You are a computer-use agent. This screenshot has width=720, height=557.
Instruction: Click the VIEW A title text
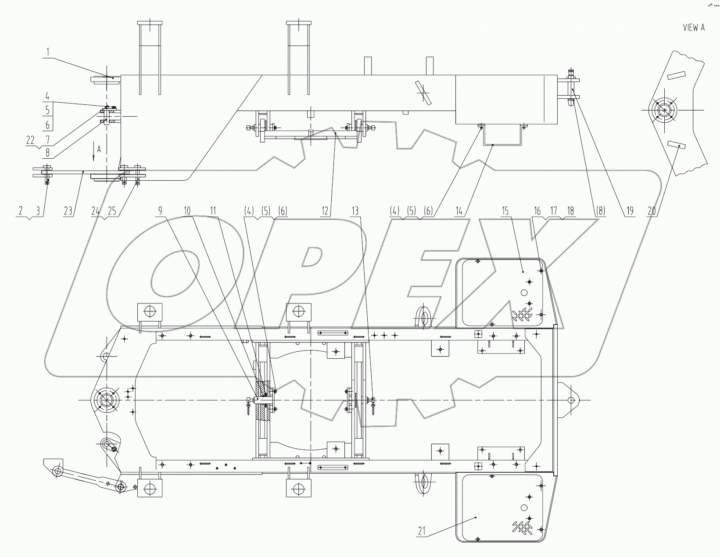tap(694, 28)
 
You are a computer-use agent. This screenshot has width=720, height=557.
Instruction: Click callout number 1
tap(48, 52)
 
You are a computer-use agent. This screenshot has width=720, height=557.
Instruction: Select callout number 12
tap(325, 211)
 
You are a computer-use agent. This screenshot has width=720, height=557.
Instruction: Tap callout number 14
tap(459, 211)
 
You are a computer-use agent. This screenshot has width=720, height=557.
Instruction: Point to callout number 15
tap(505, 211)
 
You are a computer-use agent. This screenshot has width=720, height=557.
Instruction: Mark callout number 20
tap(652, 211)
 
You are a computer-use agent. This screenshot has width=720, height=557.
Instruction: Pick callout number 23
tap(68, 211)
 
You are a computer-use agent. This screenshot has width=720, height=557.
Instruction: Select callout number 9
tap(161, 211)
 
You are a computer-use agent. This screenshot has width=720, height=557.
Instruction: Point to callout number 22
tap(30, 139)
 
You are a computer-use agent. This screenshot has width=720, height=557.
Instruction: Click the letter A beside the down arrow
tap(99, 149)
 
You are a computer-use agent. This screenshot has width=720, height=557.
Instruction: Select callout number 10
tap(187, 211)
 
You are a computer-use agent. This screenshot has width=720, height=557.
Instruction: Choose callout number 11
tap(213, 211)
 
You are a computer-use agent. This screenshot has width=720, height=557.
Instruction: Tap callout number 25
tap(112, 211)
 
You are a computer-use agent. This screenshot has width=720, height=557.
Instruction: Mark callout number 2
tap(20, 211)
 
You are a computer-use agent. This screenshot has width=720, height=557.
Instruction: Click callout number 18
tap(570, 211)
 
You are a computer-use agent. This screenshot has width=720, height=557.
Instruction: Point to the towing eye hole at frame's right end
tap(571, 400)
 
